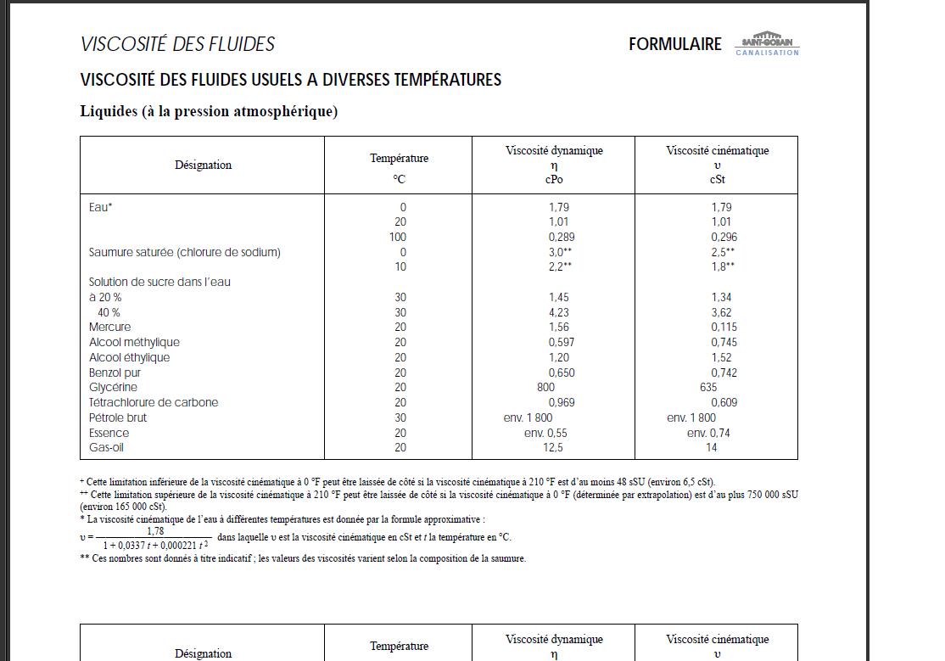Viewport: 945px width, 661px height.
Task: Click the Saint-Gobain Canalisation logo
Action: pos(767,44)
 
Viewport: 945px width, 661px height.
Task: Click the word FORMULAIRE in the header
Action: pos(674,44)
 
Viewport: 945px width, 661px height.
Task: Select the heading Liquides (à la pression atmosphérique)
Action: pos(209,111)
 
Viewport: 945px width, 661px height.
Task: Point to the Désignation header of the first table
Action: pos(203,165)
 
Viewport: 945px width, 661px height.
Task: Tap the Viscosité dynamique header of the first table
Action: pos(554,150)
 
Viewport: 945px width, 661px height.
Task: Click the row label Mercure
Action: pos(109,327)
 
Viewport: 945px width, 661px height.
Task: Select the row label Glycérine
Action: pos(113,387)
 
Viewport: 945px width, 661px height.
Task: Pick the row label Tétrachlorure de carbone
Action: pos(154,402)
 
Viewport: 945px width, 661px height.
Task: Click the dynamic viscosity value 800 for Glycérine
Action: pos(545,387)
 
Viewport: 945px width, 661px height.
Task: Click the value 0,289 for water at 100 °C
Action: pos(561,237)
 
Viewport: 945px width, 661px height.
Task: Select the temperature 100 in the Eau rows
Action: pos(397,237)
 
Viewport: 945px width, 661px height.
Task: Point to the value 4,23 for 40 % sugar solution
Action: pos(558,312)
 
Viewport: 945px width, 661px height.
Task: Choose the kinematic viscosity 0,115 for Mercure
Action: pos(724,327)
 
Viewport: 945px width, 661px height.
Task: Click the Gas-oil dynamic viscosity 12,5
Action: pos(553,447)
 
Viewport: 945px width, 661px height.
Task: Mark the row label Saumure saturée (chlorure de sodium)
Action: pos(184,252)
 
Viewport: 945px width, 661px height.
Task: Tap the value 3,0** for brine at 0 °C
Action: pos(560,252)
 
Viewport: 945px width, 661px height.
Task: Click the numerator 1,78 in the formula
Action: pos(155,531)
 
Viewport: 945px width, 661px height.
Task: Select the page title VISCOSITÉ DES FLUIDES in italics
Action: pos(177,44)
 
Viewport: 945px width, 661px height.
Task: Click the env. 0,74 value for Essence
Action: pos(708,433)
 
